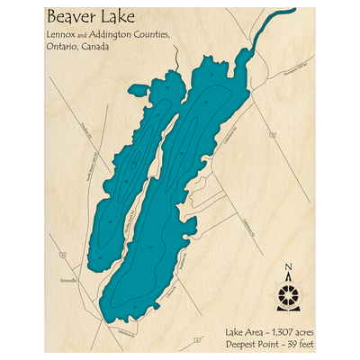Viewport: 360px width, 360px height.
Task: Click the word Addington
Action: pyautogui.click(x=114, y=34)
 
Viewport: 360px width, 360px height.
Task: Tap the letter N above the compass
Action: pyautogui.click(x=288, y=267)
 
